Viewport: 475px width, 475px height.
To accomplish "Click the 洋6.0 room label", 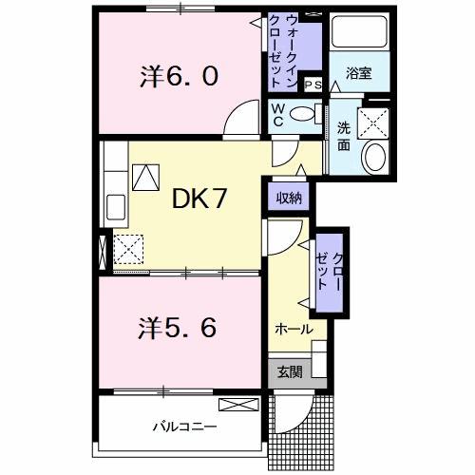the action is (x=179, y=77).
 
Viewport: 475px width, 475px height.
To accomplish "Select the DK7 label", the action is (x=199, y=199).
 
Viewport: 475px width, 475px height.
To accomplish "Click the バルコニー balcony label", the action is (x=184, y=427).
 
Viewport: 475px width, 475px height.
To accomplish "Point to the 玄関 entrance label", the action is (x=290, y=371).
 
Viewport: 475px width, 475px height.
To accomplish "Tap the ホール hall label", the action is (x=294, y=330).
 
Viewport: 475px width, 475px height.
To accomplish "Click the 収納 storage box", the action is (x=289, y=197).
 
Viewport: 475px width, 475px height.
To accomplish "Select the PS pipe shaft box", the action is (x=313, y=85).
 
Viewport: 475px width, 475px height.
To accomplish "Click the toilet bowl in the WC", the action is (x=302, y=114).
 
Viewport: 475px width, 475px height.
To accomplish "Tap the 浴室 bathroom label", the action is (x=358, y=73).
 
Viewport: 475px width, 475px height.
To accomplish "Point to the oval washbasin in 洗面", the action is (x=375, y=158).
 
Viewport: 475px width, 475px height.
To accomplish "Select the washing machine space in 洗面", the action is (x=373, y=123).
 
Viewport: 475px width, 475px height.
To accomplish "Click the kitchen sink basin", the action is (x=116, y=207).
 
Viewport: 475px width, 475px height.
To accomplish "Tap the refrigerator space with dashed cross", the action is (x=128, y=249).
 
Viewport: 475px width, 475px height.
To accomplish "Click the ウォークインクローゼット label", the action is (x=283, y=50).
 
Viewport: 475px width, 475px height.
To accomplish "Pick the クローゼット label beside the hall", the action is (x=330, y=273).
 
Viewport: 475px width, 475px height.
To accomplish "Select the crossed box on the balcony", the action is (x=238, y=405).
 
